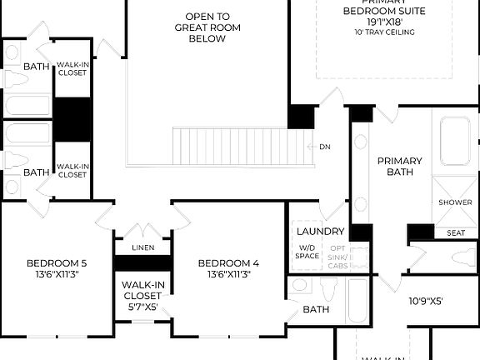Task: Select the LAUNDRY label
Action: [x=318, y=231]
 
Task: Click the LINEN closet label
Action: [x=142, y=247]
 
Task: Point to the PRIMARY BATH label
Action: [x=400, y=166]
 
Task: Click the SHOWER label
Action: [x=455, y=202]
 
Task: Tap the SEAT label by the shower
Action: [x=456, y=232]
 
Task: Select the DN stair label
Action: [x=325, y=147]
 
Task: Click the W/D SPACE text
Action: [x=307, y=252]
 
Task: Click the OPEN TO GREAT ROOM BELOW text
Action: [x=207, y=27]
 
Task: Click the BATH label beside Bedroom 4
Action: [x=316, y=309]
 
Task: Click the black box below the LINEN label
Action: [x=142, y=262]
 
